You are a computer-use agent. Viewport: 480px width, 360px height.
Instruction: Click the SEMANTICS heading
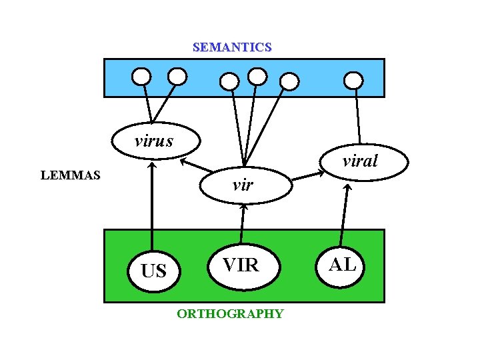click(x=232, y=47)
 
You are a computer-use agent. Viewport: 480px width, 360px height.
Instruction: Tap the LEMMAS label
click(x=71, y=176)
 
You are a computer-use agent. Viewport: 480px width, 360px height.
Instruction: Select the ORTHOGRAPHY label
click(x=230, y=314)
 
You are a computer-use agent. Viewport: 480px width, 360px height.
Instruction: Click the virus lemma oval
click(x=153, y=141)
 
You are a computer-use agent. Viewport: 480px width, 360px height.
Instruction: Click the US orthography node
click(x=154, y=271)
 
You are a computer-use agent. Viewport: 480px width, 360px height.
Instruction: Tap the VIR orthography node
click(x=241, y=265)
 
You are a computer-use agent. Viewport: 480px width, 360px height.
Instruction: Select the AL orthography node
click(x=343, y=265)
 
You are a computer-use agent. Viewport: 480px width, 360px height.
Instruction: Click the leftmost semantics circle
click(x=141, y=77)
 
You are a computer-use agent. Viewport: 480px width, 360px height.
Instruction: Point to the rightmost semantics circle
click(x=353, y=81)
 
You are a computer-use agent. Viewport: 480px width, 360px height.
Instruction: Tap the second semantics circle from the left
click(x=177, y=77)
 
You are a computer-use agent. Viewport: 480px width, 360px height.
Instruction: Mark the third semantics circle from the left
click(x=229, y=81)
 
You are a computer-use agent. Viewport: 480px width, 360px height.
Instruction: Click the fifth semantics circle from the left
click(x=289, y=81)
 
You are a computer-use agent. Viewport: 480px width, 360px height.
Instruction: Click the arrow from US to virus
click(x=153, y=207)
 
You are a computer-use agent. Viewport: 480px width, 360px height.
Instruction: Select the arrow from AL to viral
click(x=345, y=213)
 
